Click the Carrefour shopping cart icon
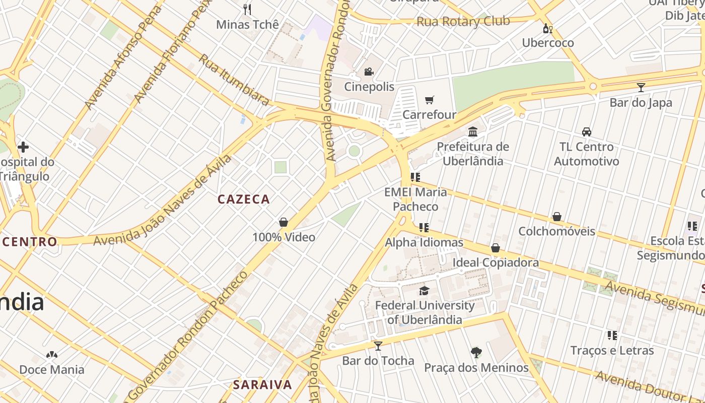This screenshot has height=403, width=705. (x=429, y=100)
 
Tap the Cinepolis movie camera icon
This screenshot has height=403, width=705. (x=369, y=72)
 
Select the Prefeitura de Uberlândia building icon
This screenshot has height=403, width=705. (x=473, y=132)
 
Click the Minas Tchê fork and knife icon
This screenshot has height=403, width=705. (x=247, y=10)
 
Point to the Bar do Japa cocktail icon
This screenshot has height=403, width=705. (x=641, y=88)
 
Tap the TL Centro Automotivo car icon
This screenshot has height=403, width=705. (x=586, y=132)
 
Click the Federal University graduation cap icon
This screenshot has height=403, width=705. (x=425, y=291)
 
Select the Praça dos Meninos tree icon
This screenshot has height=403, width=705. (x=476, y=352)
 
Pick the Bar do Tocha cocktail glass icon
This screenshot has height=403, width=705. (x=378, y=346)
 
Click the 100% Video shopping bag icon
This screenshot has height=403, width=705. (x=284, y=222)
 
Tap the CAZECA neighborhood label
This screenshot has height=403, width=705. (x=244, y=199)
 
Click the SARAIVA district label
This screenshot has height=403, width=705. (x=262, y=385)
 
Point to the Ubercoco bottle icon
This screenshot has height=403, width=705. (x=547, y=28)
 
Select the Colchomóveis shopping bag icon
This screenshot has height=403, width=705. (x=557, y=217)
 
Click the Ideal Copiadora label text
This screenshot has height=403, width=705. (x=496, y=262)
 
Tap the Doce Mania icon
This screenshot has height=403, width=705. (x=51, y=355)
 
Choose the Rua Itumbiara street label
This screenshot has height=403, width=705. (x=233, y=80)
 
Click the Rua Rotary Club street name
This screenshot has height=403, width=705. (x=463, y=22)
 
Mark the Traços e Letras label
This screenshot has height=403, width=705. (x=612, y=351)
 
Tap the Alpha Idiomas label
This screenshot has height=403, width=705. (x=424, y=243)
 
